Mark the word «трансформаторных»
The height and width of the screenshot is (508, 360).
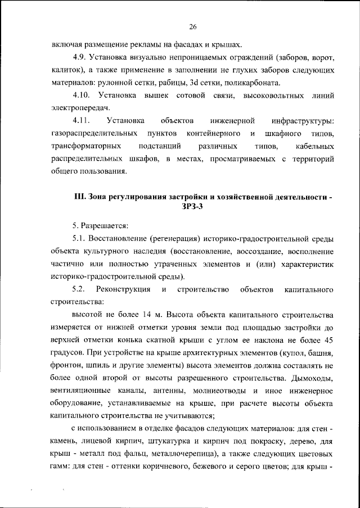pos(85,147)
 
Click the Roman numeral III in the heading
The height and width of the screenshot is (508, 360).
pos(79,198)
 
